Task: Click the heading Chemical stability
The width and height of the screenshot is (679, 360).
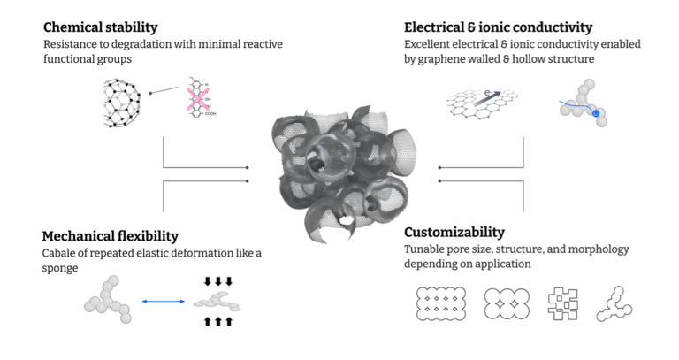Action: (100, 27)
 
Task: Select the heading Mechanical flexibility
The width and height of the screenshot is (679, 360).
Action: (111, 236)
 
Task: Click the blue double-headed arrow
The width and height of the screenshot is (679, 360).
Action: (164, 302)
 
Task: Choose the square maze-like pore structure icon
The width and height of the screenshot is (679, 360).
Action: (563, 303)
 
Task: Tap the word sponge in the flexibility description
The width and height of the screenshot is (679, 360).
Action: (61, 268)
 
